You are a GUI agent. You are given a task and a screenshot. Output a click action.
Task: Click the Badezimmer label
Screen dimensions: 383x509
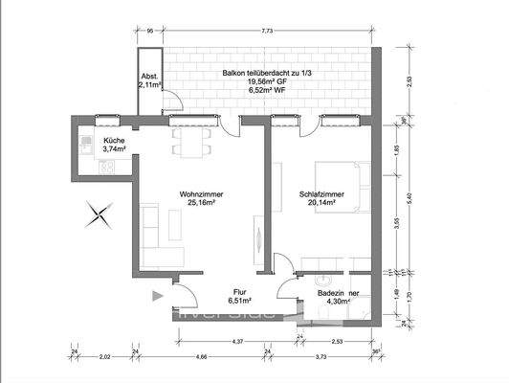pyautogui.click(x=340, y=293)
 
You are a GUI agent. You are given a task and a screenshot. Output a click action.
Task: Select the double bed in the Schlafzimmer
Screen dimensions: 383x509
pyautogui.click(x=346, y=189)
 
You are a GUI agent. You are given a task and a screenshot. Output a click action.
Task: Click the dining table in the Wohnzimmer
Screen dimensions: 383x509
pyautogui.click(x=189, y=144)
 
